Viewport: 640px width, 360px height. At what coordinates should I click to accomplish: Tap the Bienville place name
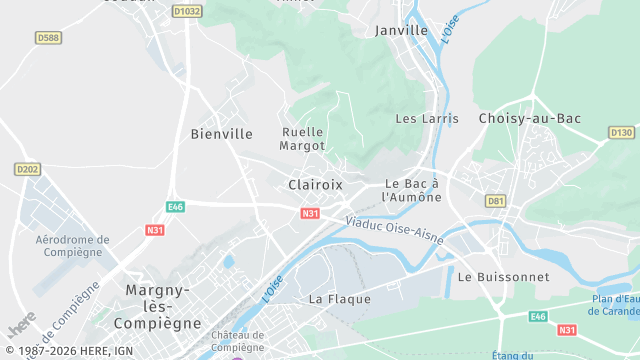221,133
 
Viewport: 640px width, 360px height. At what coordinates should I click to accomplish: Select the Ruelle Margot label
303,139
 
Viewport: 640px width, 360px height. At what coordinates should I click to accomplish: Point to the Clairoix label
315,185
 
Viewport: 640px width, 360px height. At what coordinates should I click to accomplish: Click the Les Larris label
427,119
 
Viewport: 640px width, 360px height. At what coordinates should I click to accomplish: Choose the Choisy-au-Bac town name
530,119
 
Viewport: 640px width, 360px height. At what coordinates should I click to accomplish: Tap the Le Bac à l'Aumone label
413,191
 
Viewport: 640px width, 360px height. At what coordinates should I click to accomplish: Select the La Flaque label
340,299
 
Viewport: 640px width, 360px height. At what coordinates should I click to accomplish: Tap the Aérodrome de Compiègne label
72,246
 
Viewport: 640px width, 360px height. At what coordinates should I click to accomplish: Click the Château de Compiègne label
237,341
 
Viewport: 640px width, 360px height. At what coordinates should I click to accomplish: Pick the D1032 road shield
186,11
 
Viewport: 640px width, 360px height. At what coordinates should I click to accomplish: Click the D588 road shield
48,37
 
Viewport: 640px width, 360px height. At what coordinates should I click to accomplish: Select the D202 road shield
28,170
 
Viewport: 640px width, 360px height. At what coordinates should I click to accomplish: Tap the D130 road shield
622,132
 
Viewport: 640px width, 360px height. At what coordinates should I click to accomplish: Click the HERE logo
21,326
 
